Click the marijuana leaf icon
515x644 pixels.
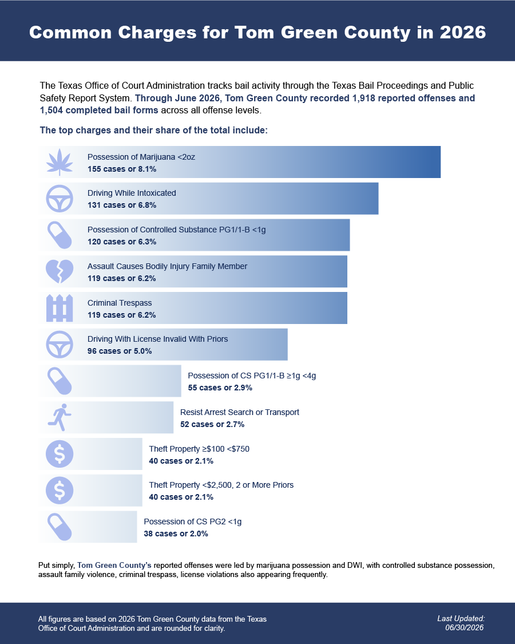(60, 162)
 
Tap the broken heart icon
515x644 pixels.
(60, 271)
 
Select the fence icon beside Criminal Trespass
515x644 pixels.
(60, 308)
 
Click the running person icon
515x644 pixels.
(60, 417)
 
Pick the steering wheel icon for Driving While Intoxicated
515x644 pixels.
(60, 199)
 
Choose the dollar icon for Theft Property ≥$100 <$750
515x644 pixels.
(60, 454)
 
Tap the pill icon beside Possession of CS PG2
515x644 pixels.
(60, 527)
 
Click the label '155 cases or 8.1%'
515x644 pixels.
(122, 169)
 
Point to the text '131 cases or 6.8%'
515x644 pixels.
(122, 205)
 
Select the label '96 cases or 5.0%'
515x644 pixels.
(120, 351)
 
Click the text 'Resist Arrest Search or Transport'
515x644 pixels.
(239, 412)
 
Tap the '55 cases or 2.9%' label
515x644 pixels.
(220, 388)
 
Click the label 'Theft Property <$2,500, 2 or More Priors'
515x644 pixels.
(221, 485)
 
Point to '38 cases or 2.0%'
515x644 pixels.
(176, 534)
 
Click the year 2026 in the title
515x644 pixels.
(463, 32)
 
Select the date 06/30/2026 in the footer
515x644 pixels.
(465, 627)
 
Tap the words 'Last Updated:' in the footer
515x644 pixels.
(461, 619)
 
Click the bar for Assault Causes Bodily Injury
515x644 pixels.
(193, 271)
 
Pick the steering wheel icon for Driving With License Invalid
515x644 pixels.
(60, 344)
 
